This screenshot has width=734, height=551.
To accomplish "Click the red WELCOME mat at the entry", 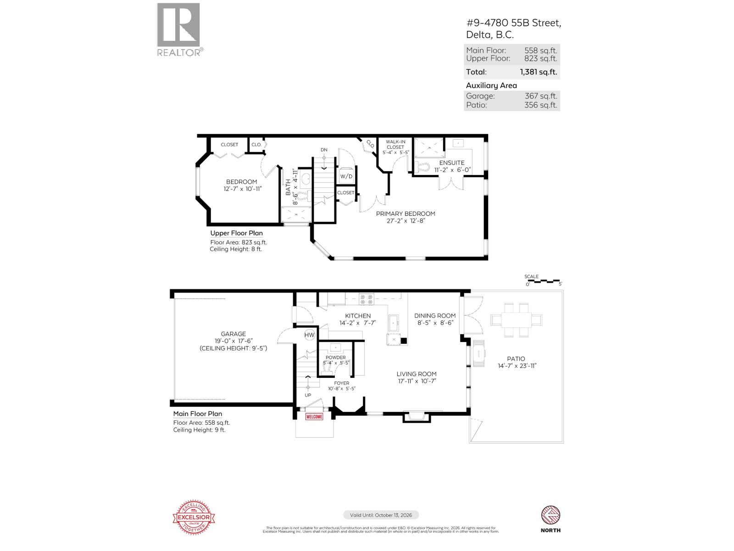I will (x=314, y=417).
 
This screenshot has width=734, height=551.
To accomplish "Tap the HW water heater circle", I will (x=310, y=335).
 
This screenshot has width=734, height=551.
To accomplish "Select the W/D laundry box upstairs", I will (x=346, y=176).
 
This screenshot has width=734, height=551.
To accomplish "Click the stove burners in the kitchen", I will (x=367, y=300).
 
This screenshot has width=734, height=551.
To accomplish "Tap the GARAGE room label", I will (x=233, y=334).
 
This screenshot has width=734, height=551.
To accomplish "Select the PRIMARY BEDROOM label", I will (x=406, y=214).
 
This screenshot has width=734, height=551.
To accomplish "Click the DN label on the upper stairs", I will (x=324, y=150).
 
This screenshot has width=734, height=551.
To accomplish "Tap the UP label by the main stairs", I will (x=308, y=395).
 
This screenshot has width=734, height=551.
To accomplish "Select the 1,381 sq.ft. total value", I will (x=538, y=72).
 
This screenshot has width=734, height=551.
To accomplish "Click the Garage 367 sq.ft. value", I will (x=541, y=96).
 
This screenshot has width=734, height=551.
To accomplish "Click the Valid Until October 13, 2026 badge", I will (x=381, y=515).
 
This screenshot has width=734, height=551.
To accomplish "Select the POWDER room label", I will (x=336, y=357).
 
